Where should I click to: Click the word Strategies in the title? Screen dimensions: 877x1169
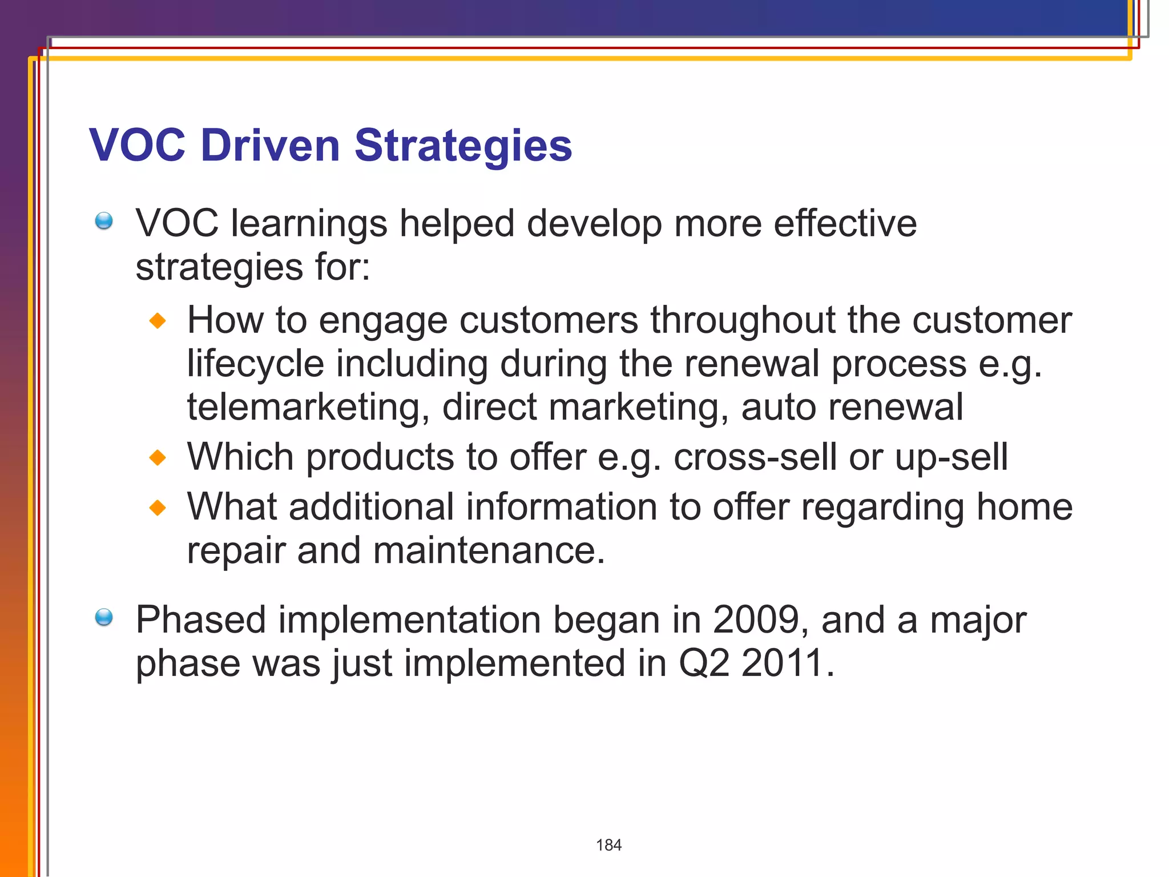(x=463, y=146)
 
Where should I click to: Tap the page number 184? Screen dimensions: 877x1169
(x=608, y=845)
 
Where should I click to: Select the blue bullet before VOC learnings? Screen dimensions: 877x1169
(x=104, y=220)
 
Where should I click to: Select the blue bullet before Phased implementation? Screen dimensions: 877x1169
(x=104, y=617)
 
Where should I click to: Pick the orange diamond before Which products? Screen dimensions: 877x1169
(x=158, y=457)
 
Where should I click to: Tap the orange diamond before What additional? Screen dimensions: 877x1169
(x=158, y=507)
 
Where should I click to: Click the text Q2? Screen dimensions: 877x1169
(x=703, y=663)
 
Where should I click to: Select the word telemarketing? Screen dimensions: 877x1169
(x=308, y=408)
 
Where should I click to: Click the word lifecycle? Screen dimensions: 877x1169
(x=255, y=365)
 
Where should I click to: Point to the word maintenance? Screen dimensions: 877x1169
(x=488, y=551)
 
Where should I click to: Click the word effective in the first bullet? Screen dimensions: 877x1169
(x=845, y=223)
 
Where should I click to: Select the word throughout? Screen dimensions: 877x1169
(x=743, y=320)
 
